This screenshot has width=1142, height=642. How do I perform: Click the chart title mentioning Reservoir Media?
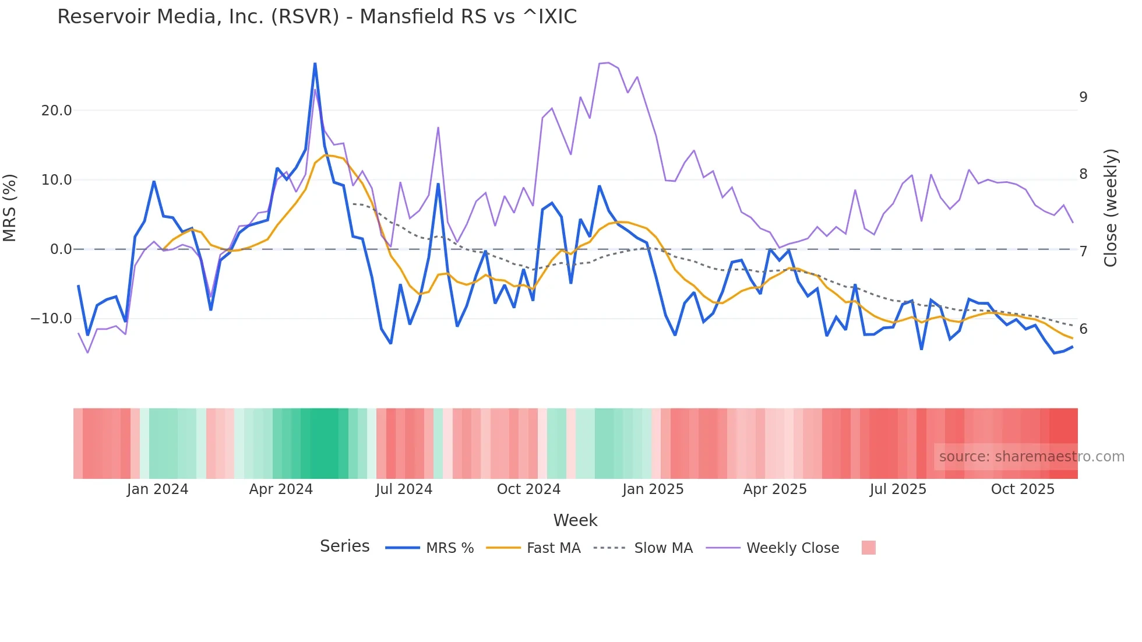pos(317,17)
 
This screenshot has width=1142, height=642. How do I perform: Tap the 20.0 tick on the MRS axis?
pos(57,111)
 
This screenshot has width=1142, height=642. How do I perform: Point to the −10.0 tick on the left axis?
pos(51,319)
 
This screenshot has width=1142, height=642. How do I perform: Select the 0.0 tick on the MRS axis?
pos(61,249)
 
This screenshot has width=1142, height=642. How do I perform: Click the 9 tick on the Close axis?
pos(1083,97)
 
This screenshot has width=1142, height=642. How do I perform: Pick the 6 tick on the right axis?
pos(1083,329)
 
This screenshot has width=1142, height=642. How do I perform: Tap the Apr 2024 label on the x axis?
pos(281,489)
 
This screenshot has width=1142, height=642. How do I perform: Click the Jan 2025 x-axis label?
pos(653,489)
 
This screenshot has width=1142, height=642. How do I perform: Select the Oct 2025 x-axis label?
pos(1023,489)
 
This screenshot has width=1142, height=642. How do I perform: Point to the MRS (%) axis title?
pos(10,208)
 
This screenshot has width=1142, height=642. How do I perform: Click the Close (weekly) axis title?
pos(1111,208)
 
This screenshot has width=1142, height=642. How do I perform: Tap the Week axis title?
pos(575,520)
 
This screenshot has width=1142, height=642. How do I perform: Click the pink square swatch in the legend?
pos(868,548)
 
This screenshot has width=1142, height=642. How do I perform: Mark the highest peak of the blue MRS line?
pos(315,64)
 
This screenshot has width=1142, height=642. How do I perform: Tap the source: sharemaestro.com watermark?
pos(1031,457)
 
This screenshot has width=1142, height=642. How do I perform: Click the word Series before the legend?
pos(344,546)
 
